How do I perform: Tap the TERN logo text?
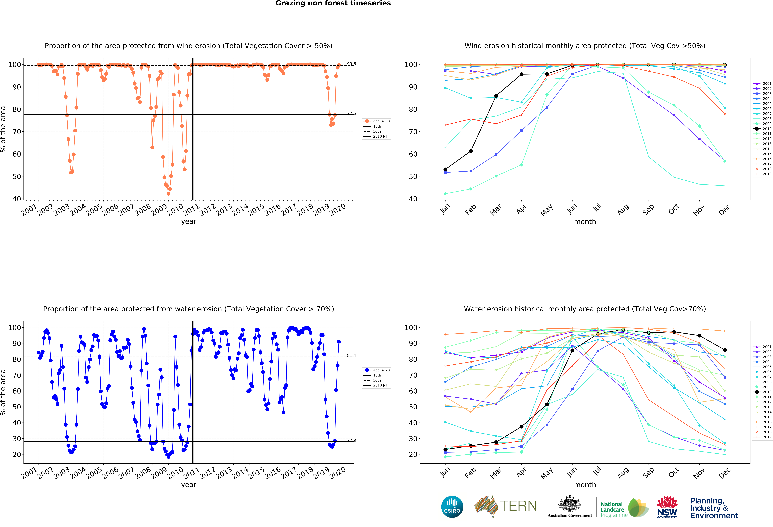click(518, 506)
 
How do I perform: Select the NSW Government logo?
click(667, 507)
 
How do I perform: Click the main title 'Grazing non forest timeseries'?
click(333, 3)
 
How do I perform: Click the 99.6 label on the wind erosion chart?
click(351, 64)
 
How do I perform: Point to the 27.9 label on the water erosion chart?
click(351, 440)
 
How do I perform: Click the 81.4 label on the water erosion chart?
click(351, 355)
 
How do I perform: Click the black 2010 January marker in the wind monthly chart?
click(445, 169)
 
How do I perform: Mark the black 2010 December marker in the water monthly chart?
click(725, 350)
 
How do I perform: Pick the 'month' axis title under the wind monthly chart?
click(585, 222)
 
